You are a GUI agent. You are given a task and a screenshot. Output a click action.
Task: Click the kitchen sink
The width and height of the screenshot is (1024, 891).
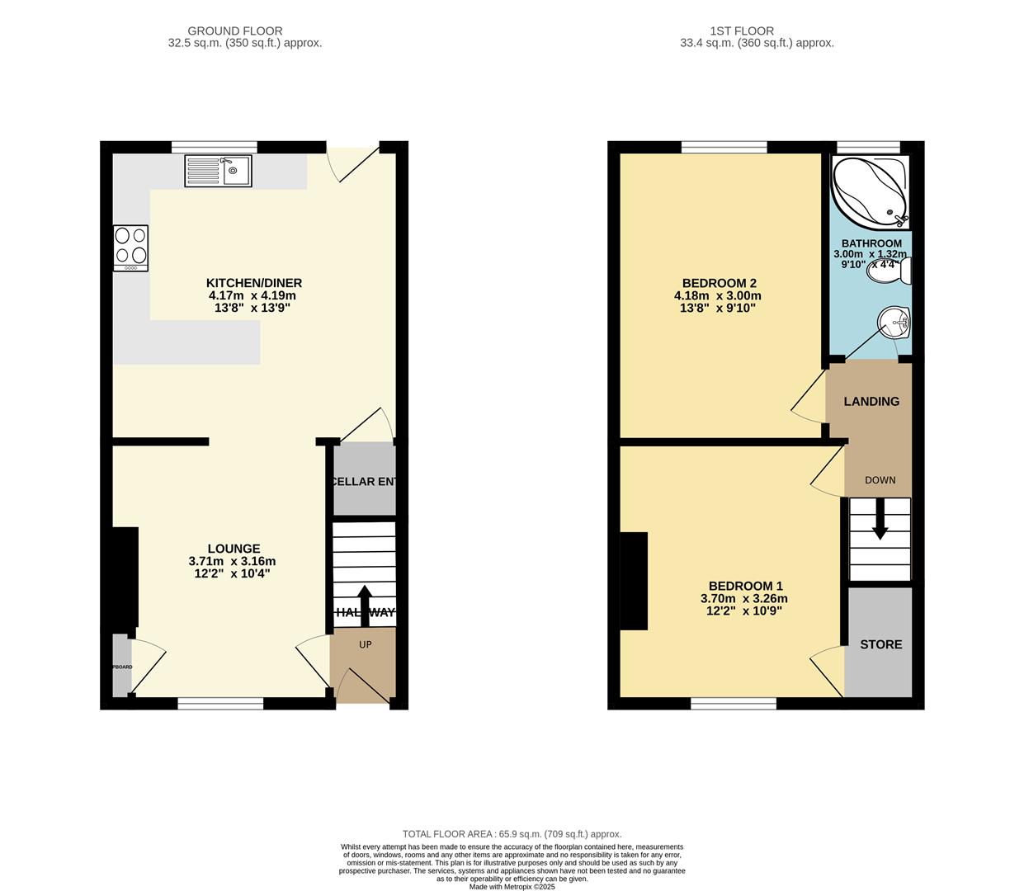point(219,172)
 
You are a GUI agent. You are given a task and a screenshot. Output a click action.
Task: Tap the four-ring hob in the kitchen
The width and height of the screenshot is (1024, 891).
point(131,247)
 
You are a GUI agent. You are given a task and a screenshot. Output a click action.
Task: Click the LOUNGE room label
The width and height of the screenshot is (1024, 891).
point(234,549)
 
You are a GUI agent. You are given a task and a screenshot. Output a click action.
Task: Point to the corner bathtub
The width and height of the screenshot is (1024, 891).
point(869,191)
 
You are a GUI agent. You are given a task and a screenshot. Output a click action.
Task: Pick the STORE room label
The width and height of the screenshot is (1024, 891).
point(880,644)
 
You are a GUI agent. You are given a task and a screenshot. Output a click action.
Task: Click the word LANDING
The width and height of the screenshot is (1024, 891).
point(871,401)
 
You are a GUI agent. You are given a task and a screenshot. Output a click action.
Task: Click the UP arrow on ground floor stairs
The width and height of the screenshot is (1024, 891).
point(363,602)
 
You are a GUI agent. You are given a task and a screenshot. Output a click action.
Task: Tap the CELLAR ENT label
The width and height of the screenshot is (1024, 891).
point(364,481)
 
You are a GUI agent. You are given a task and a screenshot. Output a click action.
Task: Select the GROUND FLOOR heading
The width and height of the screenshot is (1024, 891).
point(235,31)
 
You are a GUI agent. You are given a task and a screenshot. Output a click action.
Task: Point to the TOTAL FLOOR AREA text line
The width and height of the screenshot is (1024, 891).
point(512,834)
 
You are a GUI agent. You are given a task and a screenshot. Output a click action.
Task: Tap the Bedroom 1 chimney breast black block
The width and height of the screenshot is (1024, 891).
point(634,581)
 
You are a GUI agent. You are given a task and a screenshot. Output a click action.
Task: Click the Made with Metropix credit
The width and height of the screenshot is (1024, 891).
point(512,887)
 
